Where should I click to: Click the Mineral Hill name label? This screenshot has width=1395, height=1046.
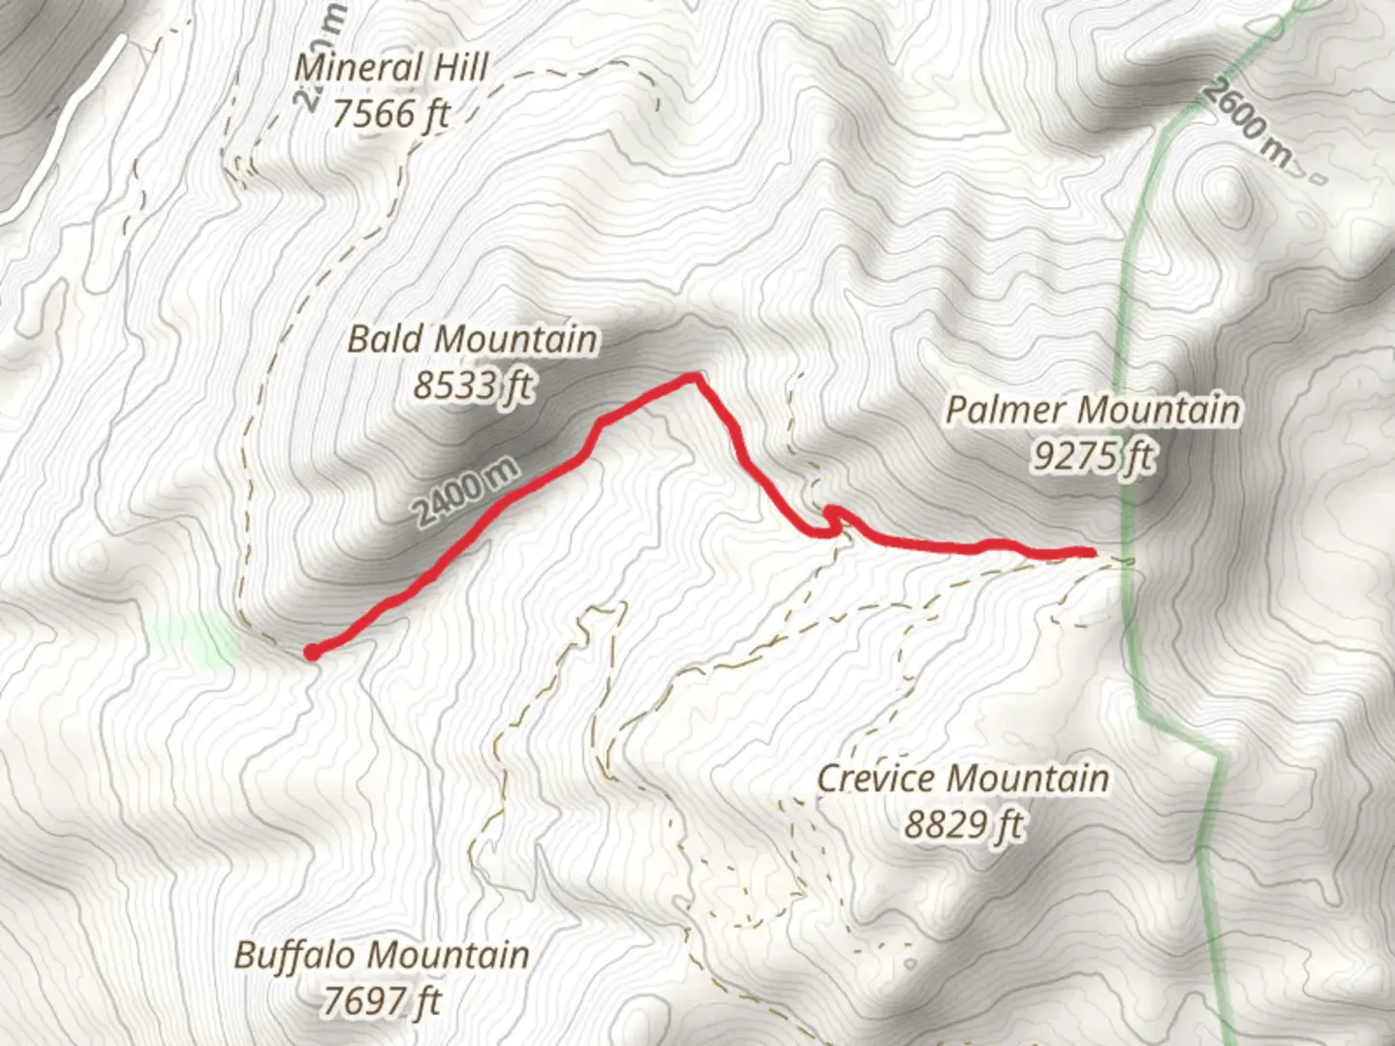coord(391,68)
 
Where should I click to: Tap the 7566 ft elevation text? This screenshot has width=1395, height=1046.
coord(391,114)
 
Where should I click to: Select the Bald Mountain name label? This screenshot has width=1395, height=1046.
coord(472,339)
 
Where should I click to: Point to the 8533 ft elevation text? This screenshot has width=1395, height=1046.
coord(472,385)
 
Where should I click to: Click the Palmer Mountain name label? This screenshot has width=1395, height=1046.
coord(1093,409)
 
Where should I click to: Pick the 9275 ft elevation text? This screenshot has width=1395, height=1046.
coord(1093,455)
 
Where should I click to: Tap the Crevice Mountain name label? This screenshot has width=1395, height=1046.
coord(963,778)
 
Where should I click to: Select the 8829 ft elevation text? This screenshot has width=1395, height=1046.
coord(963,825)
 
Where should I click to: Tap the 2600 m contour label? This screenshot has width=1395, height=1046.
coord(1250,123)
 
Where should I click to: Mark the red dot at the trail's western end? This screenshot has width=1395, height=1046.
coord(312,653)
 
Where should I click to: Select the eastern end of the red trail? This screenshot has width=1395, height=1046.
coord(1091,552)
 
